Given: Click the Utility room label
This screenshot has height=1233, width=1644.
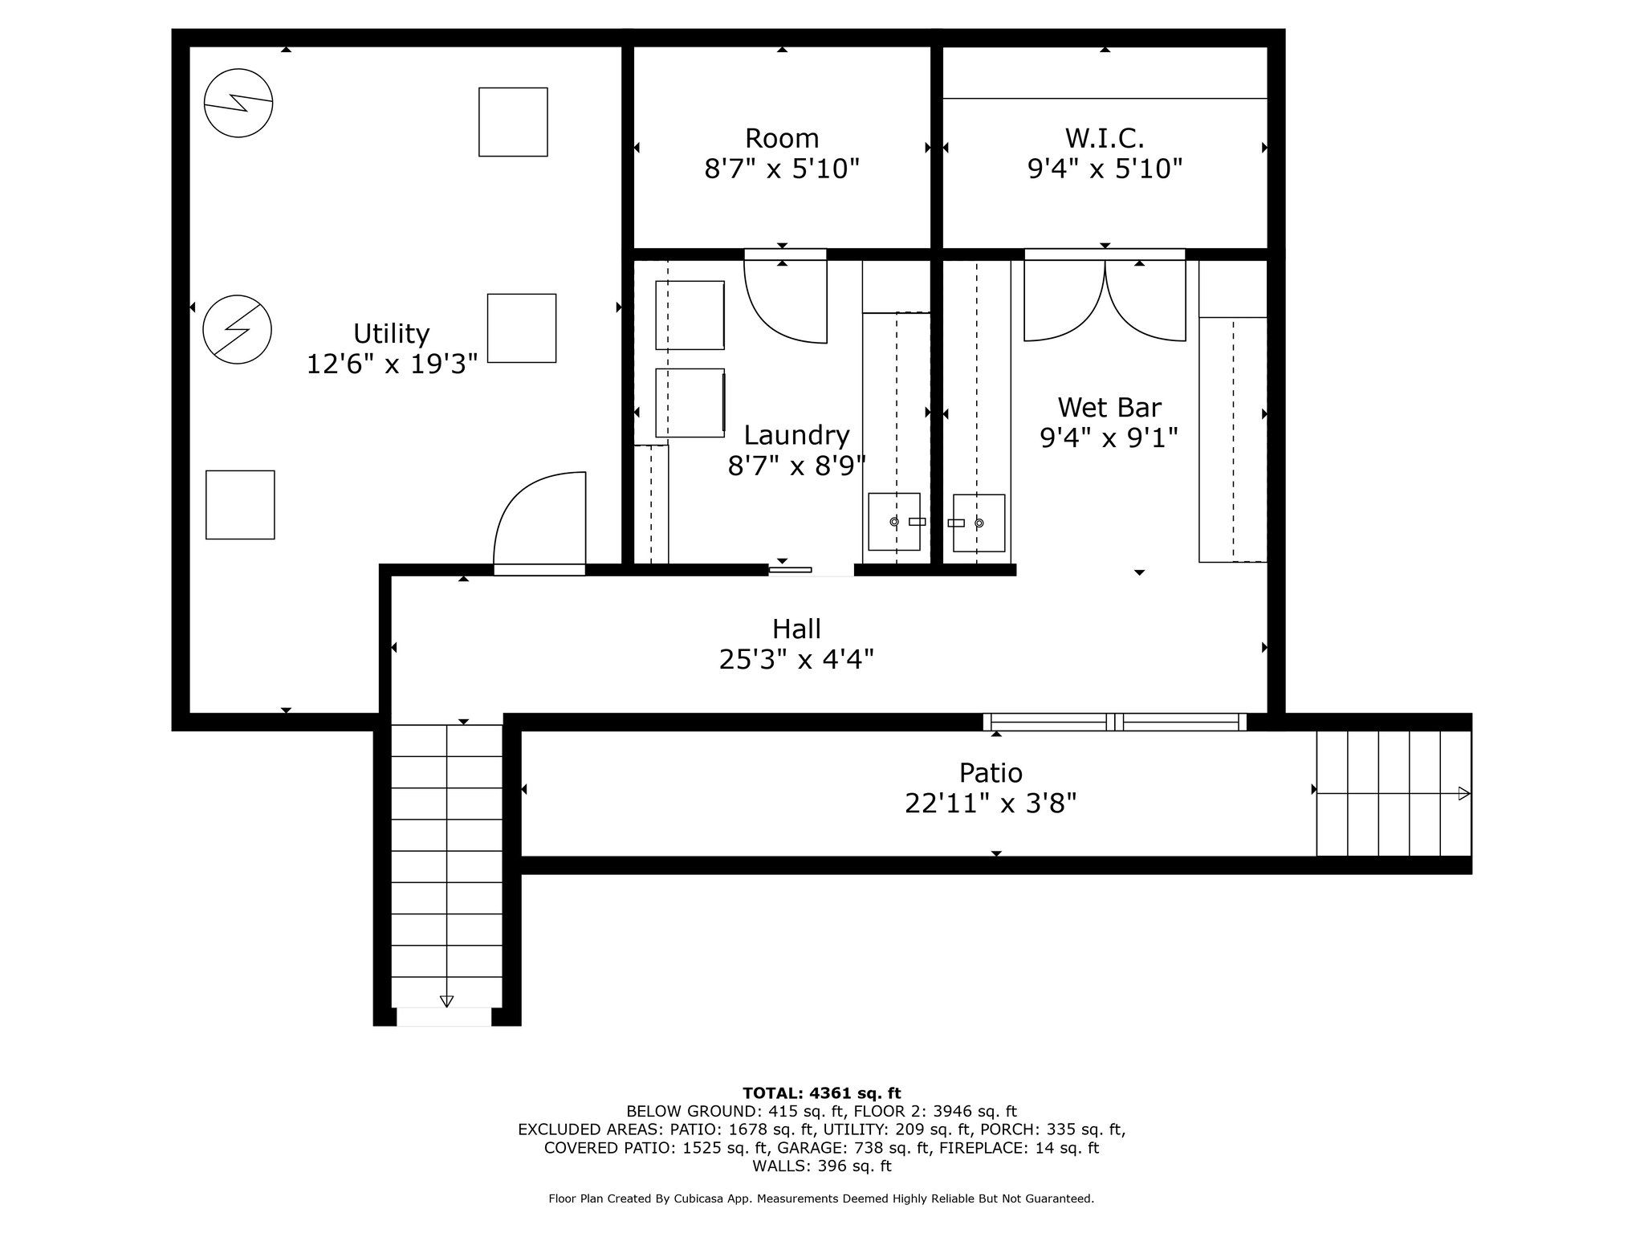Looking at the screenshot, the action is [x=392, y=334].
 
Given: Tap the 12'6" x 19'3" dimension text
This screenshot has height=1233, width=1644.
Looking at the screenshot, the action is [x=392, y=364].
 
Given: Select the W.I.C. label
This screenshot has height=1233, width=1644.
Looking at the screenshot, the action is [x=1105, y=139].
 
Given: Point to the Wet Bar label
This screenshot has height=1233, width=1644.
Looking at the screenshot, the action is [x=1109, y=408].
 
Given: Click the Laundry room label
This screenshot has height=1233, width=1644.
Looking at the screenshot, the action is [x=796, y=435].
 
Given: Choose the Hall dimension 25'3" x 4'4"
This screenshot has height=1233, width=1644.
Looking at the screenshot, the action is [x=796, y=660].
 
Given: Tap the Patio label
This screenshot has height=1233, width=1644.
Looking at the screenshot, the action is [x=991, y=773].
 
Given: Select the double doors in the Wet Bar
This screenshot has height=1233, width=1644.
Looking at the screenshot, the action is [x=1105, y=296].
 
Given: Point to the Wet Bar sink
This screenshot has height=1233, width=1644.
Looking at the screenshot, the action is [x=979, y=523].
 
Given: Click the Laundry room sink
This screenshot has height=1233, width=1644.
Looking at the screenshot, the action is [x=895, y=522].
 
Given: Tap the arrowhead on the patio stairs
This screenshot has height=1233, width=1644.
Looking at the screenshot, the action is [x=1464, y=793].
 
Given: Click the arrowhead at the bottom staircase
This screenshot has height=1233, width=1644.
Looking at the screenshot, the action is [x=446, y=1001].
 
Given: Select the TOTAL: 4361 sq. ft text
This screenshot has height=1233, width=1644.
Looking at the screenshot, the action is [x=822, y=1093].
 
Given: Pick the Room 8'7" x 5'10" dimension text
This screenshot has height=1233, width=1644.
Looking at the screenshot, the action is [x=782, y=169].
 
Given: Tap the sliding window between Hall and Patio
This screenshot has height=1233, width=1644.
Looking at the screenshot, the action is [x=1115, y=722].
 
